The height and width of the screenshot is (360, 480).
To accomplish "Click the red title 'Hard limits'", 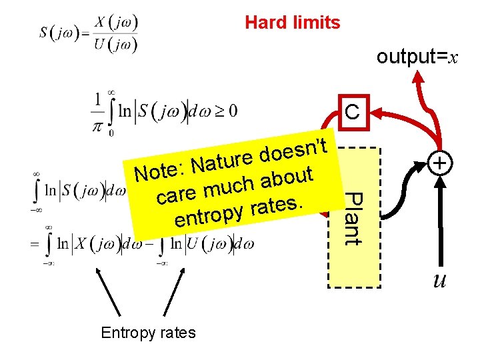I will [292, 23].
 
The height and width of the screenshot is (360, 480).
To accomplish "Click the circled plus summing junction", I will [439, 163].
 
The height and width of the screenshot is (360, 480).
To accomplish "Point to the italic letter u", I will [439, 279].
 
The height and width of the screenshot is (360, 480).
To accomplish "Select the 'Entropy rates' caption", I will [148, 333].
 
